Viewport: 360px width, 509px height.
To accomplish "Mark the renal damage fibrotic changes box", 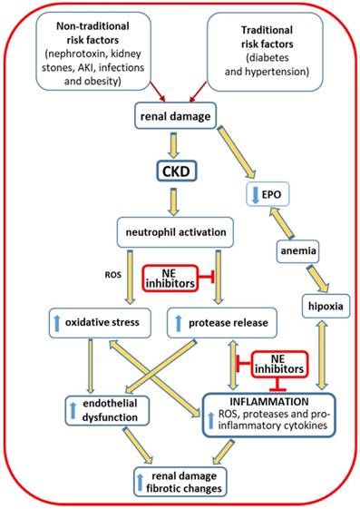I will [x=181, y=480].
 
